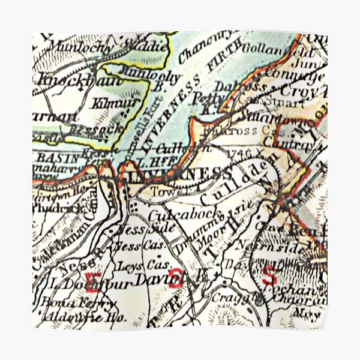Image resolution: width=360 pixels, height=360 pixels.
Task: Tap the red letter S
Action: click(271, 276)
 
